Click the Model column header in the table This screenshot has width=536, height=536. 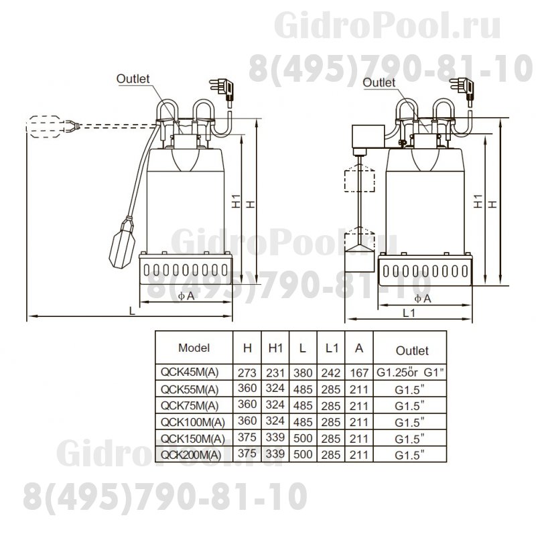(194, 348)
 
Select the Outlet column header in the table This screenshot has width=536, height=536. (412, 350)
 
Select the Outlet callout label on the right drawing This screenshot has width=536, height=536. (379, 82)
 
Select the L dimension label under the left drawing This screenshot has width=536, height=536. (132, 310)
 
